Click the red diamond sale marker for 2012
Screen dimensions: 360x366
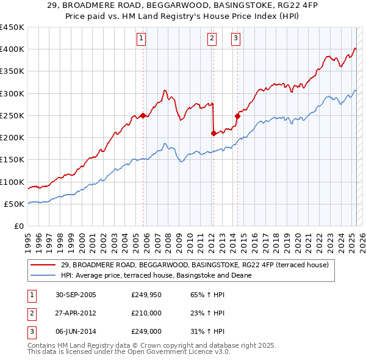213,133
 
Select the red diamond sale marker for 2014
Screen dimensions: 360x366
237,115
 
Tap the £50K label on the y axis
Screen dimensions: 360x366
14,204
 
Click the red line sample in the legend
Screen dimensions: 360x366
43,265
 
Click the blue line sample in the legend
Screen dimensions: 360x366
43,275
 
